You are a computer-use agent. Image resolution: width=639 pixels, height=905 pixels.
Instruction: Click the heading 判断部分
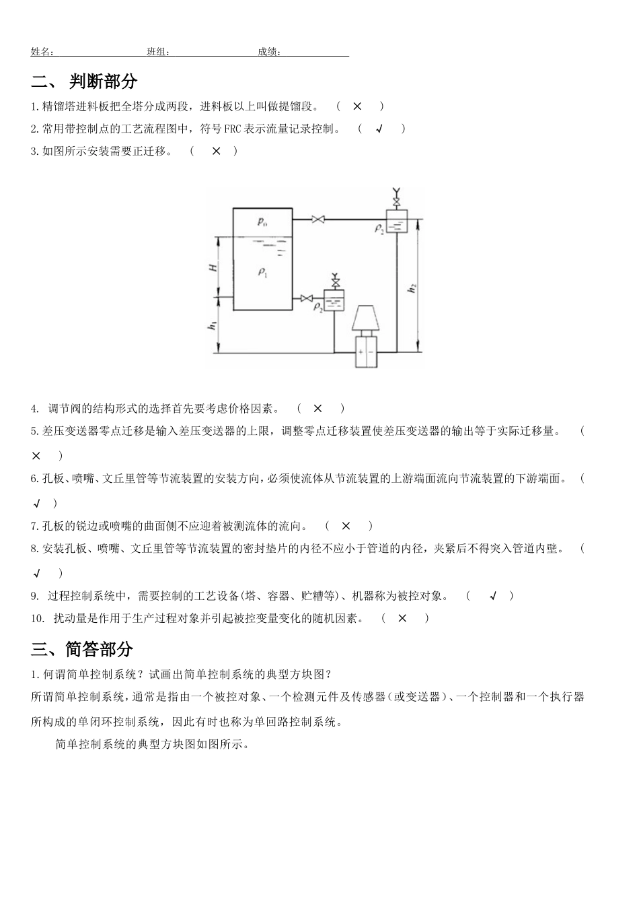tap(103, 81)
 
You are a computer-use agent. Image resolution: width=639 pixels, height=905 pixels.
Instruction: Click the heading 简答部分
tap(100, 649)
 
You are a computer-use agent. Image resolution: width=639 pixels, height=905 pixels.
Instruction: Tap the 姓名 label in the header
tap(42, 52)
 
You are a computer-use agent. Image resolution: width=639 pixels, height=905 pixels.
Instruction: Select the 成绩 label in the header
tap(269, 52)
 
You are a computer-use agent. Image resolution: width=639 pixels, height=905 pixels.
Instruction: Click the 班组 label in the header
tap(158, 52)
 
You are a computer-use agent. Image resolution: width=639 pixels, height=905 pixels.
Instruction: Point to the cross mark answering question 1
tap(357, 106)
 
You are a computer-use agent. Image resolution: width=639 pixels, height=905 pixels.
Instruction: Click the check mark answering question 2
tap(379, 129)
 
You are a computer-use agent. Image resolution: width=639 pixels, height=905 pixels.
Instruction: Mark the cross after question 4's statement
tap(317, 407)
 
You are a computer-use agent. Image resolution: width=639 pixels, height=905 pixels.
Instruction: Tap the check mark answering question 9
tap(492, 595)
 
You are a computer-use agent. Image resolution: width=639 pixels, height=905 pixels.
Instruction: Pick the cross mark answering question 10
tap(402, 617)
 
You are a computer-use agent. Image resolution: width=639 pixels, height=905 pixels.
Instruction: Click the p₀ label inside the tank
tap(262, 222)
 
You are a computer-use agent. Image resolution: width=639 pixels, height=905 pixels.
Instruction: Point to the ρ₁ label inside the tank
tap(262, 272)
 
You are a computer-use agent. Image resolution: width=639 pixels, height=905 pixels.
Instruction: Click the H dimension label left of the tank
tap(213, 267)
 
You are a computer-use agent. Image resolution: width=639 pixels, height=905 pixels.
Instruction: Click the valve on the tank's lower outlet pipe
tap(307, 298)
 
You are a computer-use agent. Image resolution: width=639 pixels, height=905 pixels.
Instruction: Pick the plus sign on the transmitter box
tap(361, 352)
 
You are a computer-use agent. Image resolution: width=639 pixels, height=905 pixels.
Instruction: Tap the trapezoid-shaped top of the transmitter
tap(367, 317)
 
